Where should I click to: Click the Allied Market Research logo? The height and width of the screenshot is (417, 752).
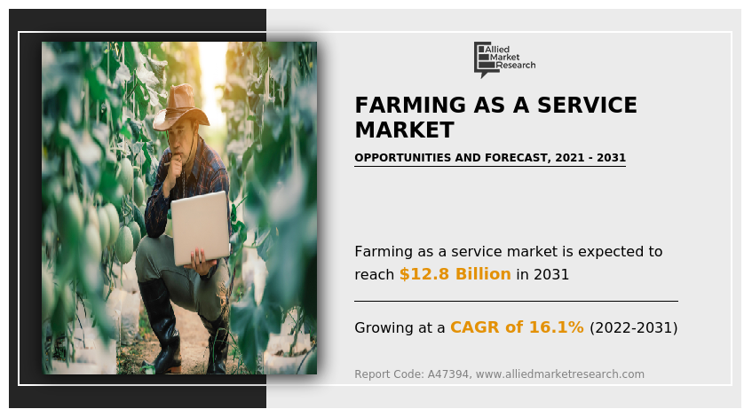(504, 59)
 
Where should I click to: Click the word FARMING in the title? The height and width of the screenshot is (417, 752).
(410, 105)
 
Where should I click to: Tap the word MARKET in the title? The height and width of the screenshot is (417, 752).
(404, 130)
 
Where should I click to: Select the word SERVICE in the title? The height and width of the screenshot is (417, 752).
(587, 105)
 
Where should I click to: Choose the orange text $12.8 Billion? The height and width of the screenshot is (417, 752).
(455, 274)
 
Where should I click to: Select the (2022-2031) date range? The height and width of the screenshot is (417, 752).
(634, 328)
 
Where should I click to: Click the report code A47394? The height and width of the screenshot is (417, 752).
(449, 374)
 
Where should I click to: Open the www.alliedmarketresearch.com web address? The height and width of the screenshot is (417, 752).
(559, 374)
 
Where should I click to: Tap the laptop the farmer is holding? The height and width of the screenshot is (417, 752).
(201, 228)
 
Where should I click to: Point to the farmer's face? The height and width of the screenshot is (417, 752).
(181, 139)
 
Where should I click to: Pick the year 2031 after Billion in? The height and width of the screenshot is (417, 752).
(551, 275)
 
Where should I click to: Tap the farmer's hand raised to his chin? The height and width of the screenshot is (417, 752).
(175, 164)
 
